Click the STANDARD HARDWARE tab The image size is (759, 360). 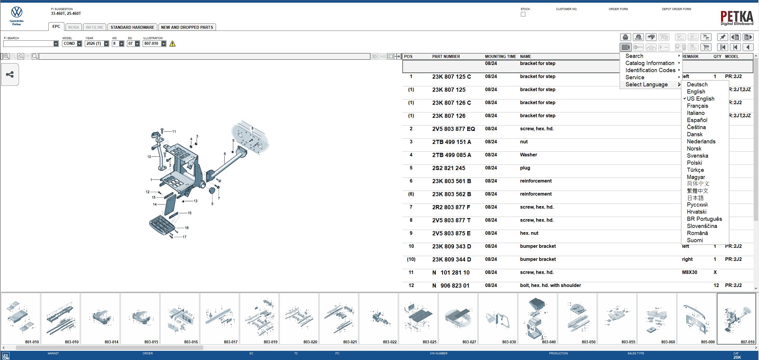coord(132,27)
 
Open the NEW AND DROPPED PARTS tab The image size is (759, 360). coord(187,27)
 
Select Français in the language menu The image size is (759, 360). coord(697,106)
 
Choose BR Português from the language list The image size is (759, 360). coord(704,219)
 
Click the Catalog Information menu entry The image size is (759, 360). coord(650,63)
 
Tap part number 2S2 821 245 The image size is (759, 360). coord(449,168)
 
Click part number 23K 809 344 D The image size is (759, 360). coord(451,259)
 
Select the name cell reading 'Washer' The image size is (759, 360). coord(528,155)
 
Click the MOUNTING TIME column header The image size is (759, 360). coord(500,56)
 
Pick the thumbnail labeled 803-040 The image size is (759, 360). coord(537,318)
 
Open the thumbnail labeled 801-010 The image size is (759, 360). coord(20,318)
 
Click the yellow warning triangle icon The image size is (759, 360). coord(172,44)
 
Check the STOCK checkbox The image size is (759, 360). coord(523,14)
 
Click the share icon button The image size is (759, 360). coord(10,74)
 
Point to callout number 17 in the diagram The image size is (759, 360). coord(184,237)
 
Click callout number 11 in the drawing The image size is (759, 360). coord(174,131)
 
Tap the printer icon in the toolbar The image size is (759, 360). coord(625,37)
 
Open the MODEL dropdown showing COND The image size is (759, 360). coord(79,44)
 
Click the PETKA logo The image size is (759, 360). coord(737,18)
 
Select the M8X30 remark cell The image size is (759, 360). coord(689,272)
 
